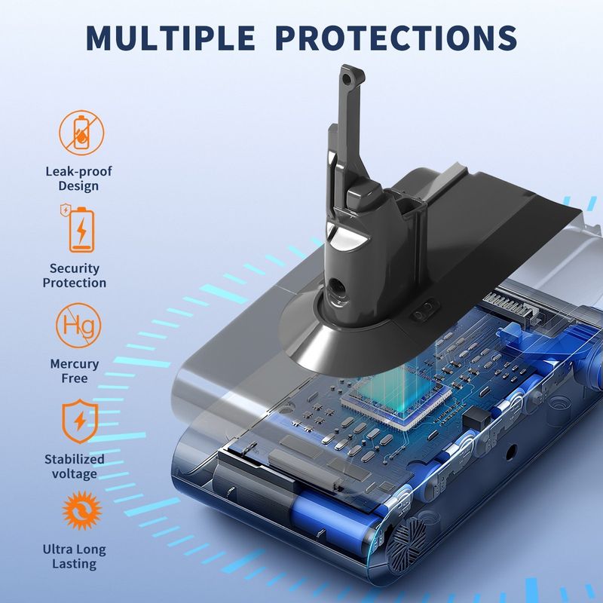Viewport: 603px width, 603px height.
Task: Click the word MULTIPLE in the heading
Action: [170, 38]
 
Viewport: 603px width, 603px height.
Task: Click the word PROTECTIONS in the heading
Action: [396, 38]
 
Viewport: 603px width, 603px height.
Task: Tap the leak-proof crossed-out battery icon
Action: [81, 133]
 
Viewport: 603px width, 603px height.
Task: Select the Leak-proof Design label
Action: [78, 179]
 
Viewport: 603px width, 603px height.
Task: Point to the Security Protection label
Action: [74, 275]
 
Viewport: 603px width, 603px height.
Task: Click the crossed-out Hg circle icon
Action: [78, 326]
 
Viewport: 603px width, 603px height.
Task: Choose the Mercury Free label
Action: [75, 371]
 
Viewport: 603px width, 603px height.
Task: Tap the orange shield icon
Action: [80, 421]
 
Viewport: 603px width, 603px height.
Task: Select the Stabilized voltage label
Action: [74, 466]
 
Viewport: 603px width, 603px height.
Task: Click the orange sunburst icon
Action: [82, 510]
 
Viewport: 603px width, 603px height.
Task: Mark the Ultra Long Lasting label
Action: [74, 556]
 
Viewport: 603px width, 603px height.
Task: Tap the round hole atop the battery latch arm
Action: [347, 79]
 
